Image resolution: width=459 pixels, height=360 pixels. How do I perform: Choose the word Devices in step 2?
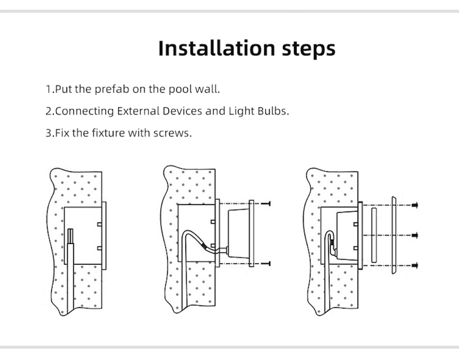[181, 111]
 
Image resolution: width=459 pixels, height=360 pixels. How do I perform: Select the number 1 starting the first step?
[48, 90]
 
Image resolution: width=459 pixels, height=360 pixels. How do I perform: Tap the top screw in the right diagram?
[414, 205]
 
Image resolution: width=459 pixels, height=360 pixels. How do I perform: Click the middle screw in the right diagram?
[414, 234]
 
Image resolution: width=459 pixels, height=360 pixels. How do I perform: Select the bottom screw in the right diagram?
[414, 265]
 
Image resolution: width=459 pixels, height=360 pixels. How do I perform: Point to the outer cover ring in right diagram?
[394, 235]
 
